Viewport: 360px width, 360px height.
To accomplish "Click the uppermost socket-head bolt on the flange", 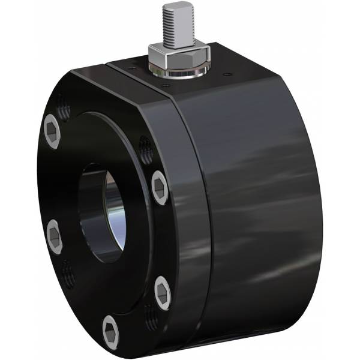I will [52, 130].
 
